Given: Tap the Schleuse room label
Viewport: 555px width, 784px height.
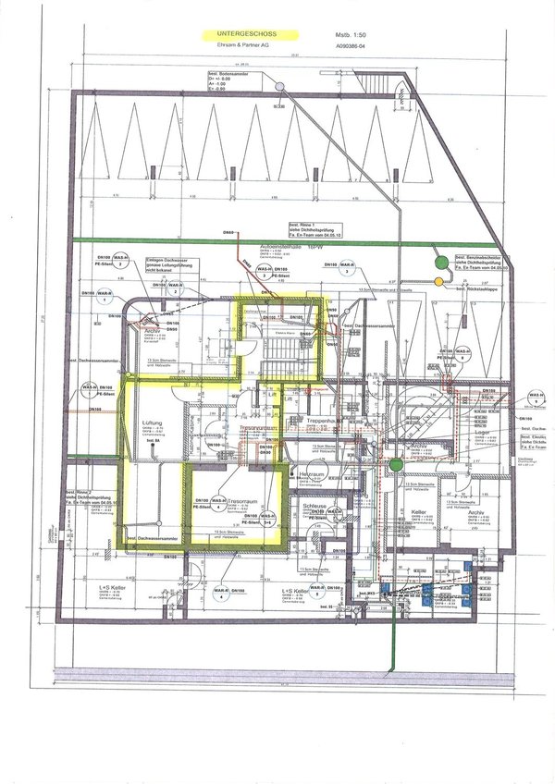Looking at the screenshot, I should click(x=306, y=507).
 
